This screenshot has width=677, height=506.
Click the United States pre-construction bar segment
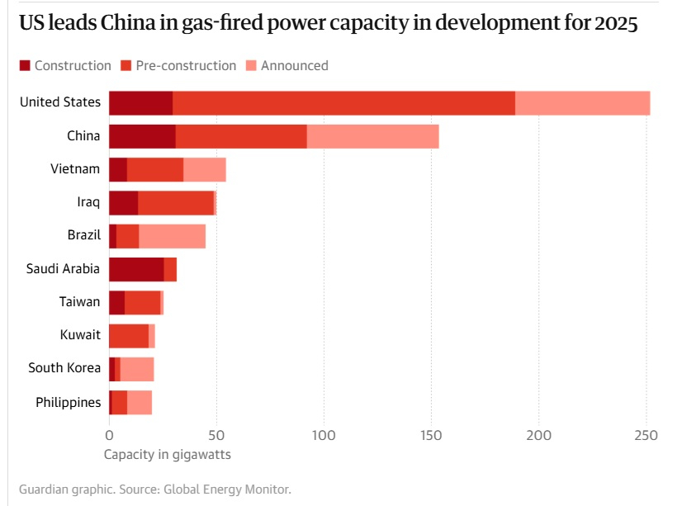343,103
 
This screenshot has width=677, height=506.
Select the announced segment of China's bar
372,136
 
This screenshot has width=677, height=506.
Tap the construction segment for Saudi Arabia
136,269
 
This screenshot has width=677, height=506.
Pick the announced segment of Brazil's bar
172,236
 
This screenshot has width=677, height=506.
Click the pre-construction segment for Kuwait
129,336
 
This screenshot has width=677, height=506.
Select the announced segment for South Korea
137,369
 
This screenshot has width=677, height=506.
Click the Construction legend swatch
24,66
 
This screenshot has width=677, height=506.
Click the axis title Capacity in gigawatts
168,455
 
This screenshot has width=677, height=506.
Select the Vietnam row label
75,169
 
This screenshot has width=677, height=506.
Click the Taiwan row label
79,302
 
